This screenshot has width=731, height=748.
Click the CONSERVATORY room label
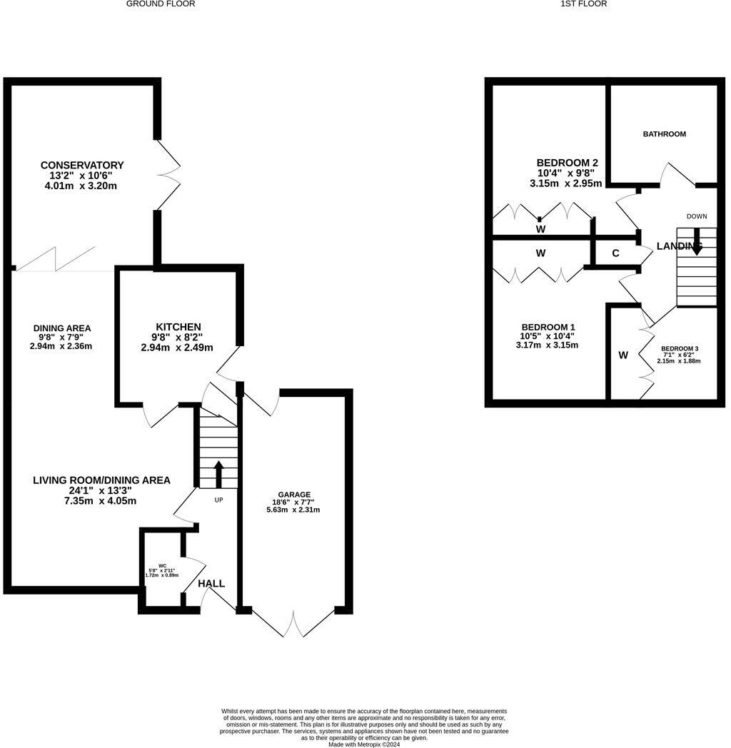(82, 165)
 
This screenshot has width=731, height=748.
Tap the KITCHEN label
(178, 327)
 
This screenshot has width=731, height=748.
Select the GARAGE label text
(294, 495)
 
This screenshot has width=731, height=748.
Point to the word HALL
(211, 583)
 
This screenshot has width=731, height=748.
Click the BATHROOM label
(664, 134)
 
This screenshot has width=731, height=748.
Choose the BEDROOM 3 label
(680, 349)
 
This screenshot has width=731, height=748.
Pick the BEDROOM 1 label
(548, 327)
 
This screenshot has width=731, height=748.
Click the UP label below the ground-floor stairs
(218, 500)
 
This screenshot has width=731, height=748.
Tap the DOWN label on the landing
(697, 216)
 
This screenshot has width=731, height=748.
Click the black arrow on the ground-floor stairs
(218, 474)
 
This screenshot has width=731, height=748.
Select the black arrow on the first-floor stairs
(697, 242)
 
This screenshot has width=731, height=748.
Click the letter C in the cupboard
(615, 253)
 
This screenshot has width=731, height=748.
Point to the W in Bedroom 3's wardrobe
(623, 355)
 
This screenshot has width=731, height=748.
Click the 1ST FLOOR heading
(583, 4)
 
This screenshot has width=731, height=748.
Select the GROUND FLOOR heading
(161, 4)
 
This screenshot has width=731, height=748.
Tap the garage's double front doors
(293, 622)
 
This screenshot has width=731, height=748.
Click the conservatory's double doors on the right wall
(169, 175)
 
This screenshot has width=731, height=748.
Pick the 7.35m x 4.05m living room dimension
(100, 501)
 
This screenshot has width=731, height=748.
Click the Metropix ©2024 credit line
(363, 744)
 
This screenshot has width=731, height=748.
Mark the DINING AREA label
(62, 328)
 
